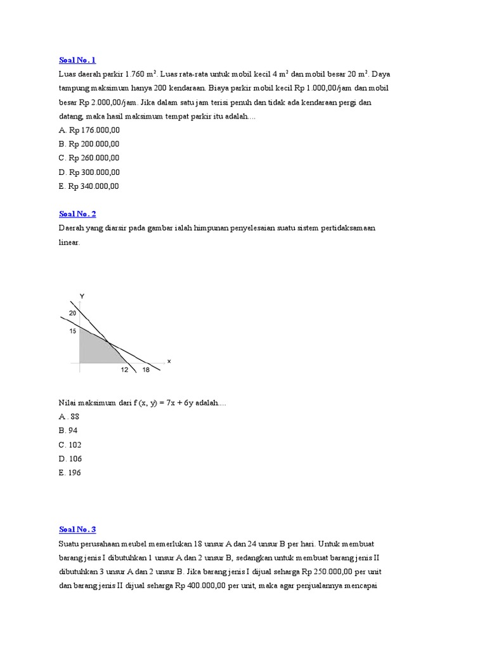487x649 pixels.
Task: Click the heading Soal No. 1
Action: coord(77,60)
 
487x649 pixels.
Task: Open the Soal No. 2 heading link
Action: coord(77,214)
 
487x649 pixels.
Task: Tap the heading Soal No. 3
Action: coord(77,529)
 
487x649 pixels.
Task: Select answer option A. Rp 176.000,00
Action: coord(89,130)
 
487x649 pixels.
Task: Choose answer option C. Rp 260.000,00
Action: coord(89,158)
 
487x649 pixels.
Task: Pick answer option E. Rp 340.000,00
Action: coord(89,186)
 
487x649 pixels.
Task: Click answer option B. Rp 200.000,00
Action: coord(89,144)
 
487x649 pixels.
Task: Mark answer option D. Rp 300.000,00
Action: coord(89,172)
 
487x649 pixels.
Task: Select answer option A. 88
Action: coord(69,416)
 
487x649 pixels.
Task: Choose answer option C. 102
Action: coord(70,444)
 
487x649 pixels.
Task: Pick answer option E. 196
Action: coord(70,472)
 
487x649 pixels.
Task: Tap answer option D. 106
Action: coord(70,458)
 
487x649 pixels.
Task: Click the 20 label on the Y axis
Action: coord(72,313)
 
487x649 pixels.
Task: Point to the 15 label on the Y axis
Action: coord(72,330)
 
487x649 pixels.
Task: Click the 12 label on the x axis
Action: coord(124,370)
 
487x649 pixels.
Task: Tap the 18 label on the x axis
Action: coord(146,370)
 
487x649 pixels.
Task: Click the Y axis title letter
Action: coord(82,296)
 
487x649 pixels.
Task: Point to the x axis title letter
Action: coord(169,361)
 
